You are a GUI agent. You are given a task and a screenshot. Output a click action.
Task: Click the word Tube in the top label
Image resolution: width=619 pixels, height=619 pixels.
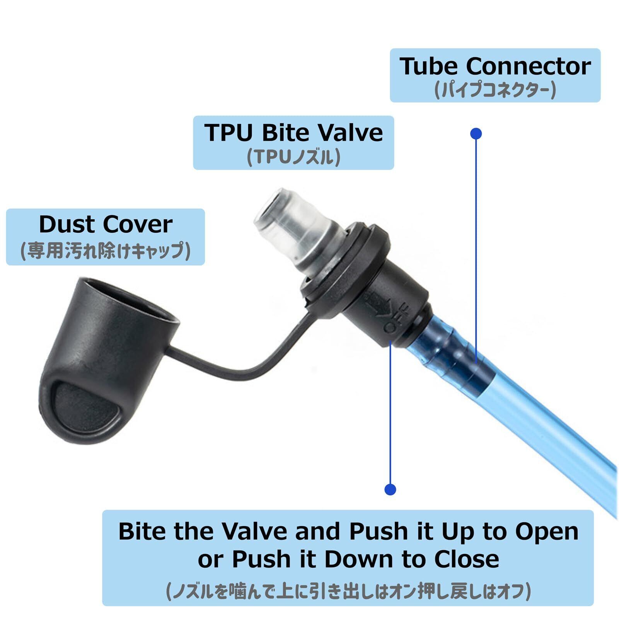point(430,67)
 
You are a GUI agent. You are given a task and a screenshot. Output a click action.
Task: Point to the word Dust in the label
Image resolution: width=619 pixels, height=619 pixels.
point(66,225)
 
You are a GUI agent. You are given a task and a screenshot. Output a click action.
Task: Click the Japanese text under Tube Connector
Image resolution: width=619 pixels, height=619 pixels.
point(495,90)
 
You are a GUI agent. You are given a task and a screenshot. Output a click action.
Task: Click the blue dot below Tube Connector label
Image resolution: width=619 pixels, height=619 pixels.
point(476,134)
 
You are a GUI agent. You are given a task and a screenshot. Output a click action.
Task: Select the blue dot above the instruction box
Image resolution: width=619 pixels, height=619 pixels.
point(390,489)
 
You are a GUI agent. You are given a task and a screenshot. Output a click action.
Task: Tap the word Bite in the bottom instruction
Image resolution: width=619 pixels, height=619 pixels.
point(143,532)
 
